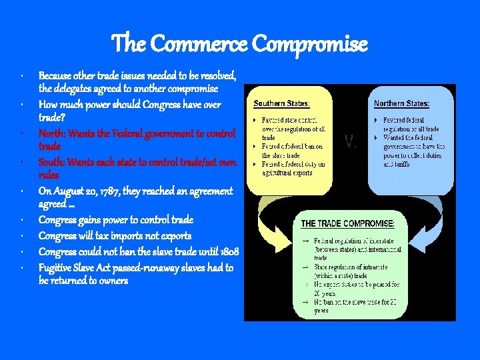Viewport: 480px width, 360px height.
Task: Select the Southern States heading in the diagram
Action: click(282, 103)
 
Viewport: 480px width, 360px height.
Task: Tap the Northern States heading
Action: click(401, 103)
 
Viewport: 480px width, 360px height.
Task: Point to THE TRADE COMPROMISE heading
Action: click(348, 223)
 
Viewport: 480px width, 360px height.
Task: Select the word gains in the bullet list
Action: click(99, 220)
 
